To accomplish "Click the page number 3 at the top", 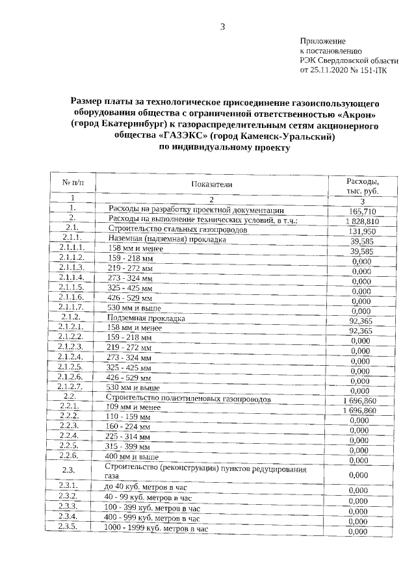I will (x=222, y=27).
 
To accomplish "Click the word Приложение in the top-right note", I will (x=322, y=41).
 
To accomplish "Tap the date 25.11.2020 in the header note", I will (x=331, y=70).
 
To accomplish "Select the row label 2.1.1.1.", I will (x=72, y=248).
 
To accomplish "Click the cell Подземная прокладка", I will (x=147, y=318).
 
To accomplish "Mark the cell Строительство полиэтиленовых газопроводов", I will (x=189, y=398).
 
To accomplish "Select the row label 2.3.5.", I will (x=68, y=526).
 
